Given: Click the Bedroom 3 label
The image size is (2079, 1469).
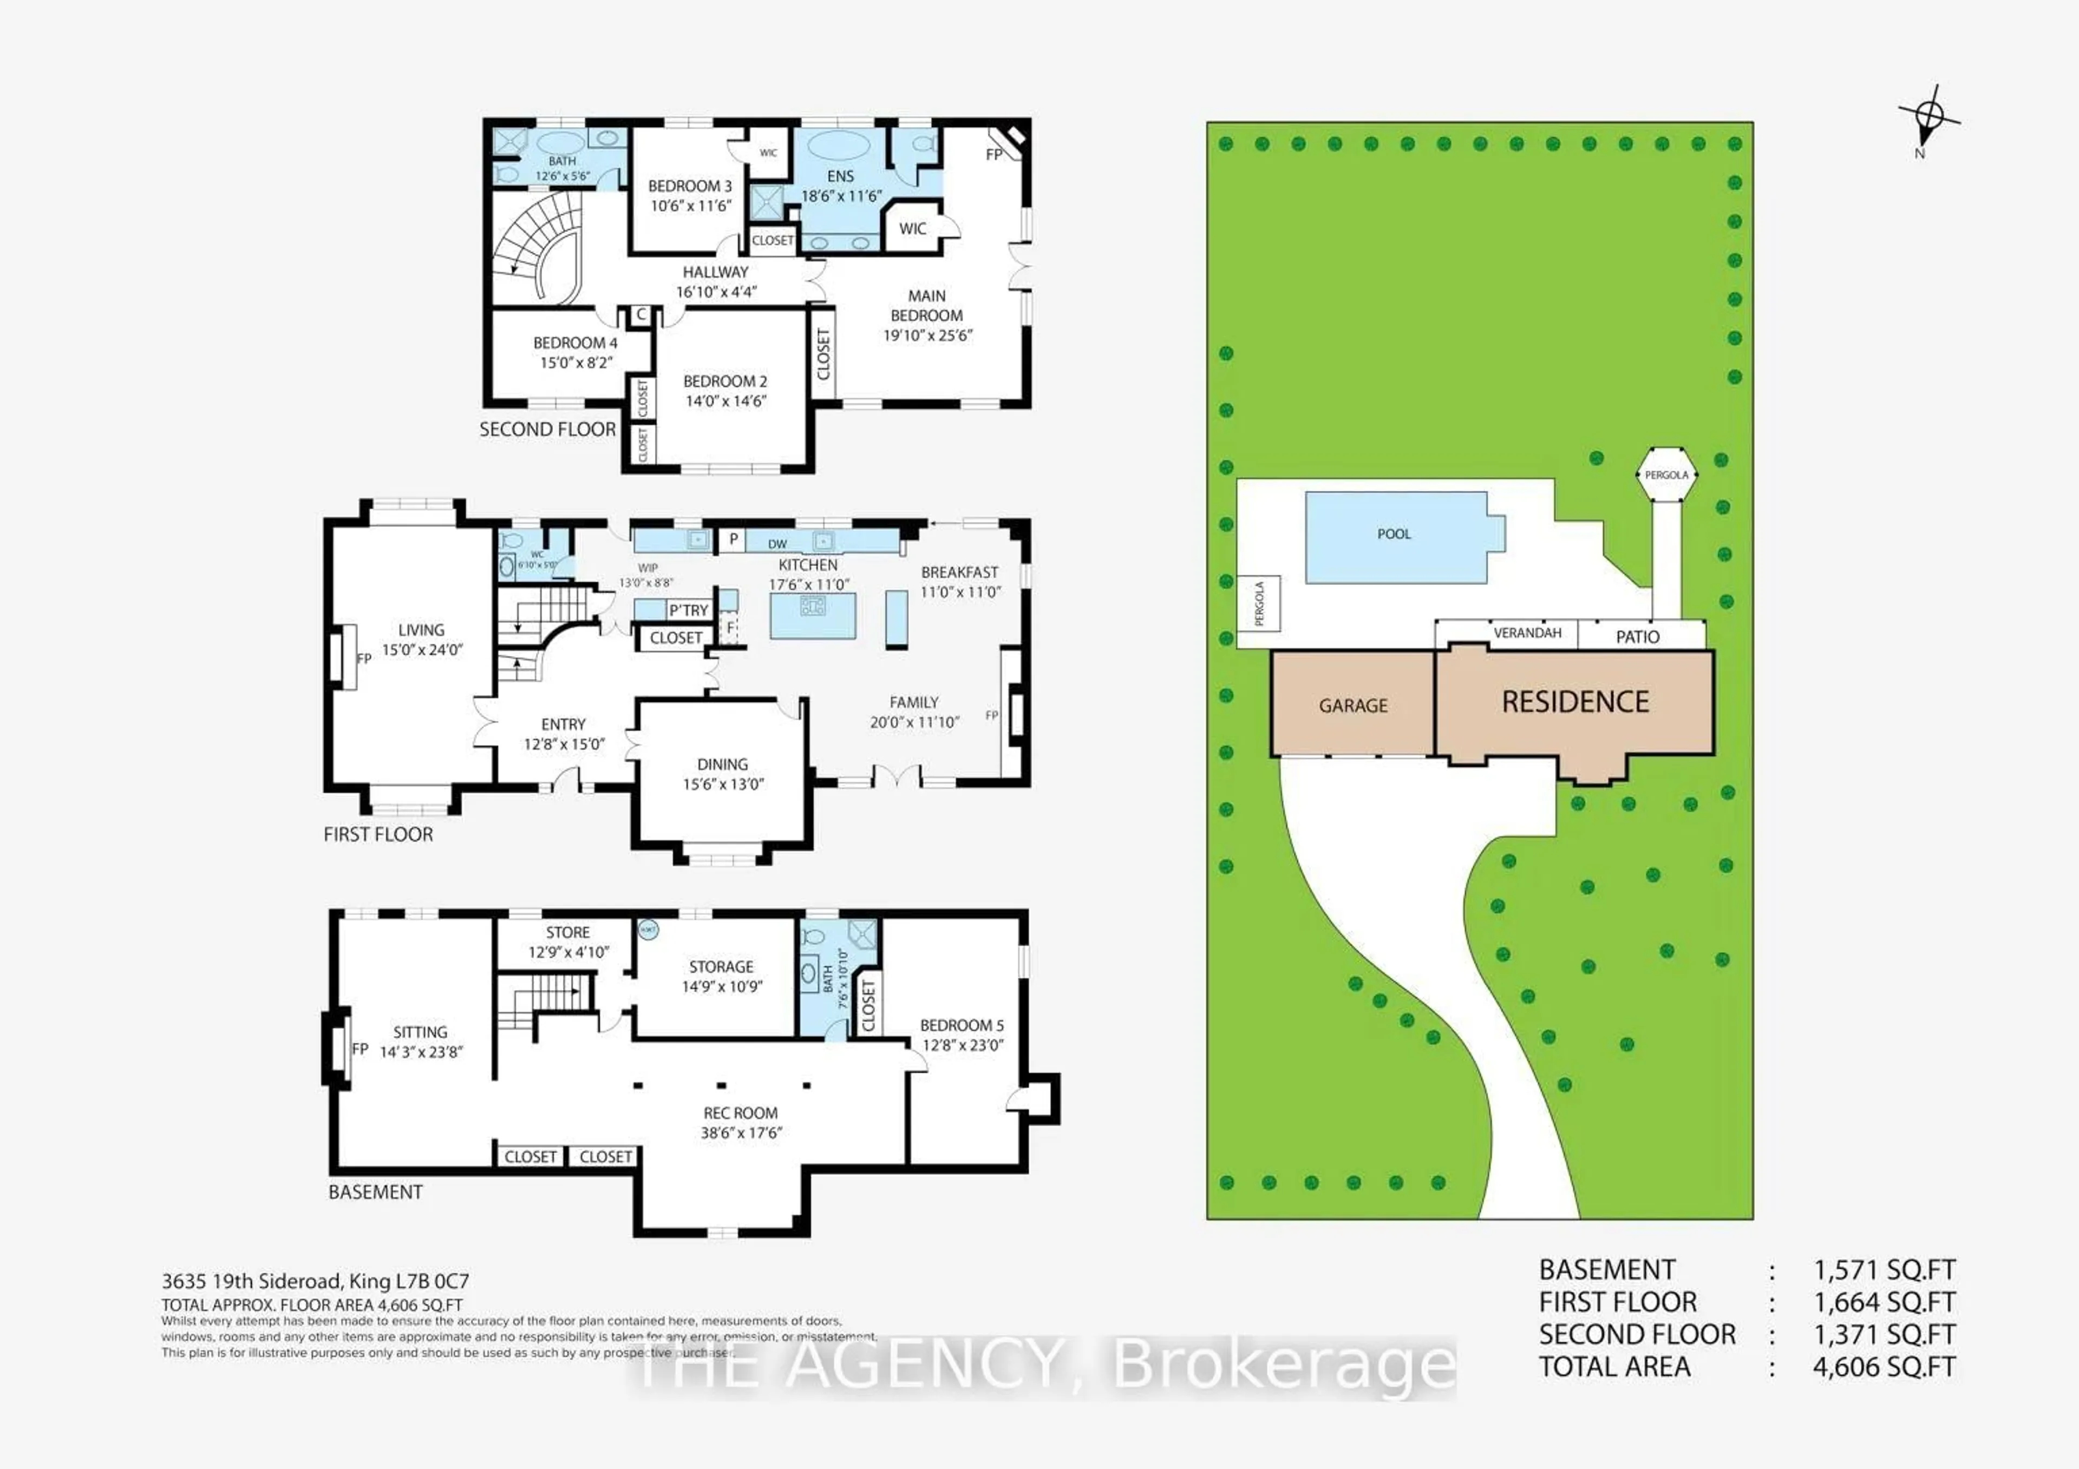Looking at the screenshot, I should [689, 186].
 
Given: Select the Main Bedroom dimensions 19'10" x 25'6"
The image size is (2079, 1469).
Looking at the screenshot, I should [927, 335].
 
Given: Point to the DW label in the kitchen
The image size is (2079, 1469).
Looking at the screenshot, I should [777, 544].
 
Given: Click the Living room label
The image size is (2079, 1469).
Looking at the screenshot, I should [421, 630].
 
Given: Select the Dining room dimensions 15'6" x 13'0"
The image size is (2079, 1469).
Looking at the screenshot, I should [723, 784].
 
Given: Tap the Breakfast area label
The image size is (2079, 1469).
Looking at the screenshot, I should [959, 572].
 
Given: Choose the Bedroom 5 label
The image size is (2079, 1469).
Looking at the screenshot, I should [962, 1025].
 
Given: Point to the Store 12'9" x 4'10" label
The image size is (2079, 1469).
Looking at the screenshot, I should [568, 941].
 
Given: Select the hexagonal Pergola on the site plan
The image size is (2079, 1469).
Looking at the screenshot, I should [1666, 475].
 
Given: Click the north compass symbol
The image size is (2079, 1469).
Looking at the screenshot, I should [1928, 117].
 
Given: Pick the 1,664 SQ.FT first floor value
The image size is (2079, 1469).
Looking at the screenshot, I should [1884, 1302].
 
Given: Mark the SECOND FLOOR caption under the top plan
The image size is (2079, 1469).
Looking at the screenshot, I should [547, 429].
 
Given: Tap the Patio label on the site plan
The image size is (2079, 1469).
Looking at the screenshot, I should [1637, 636].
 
